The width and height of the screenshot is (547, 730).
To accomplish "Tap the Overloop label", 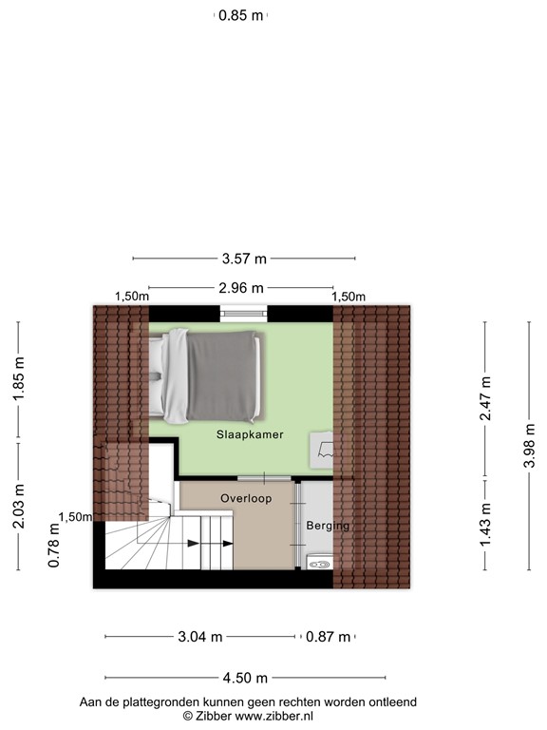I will coord(246,498).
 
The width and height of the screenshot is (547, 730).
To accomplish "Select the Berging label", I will coord(328,526).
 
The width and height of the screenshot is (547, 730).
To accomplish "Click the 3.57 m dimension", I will coord(244,258).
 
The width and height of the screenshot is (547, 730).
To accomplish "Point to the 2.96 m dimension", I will coord(241,288).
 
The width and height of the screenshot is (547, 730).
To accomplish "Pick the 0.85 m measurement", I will coord(240,15).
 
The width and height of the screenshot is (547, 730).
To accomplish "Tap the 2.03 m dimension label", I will coord(18,506).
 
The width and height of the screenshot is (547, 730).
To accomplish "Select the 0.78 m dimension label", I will coord(54,552).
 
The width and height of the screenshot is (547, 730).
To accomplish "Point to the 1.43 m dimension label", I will coord(486,525).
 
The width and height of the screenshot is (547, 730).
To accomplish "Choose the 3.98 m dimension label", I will coord(528,445).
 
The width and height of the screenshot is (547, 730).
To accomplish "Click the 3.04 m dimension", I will coord(200,637).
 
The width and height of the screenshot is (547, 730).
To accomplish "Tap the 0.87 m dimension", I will coord(329,637).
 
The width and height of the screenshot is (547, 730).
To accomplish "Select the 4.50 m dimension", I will coord(245,678).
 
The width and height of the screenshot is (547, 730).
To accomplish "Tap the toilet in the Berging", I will coord(318,564).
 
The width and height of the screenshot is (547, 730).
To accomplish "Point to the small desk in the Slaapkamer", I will coord(323,449).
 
